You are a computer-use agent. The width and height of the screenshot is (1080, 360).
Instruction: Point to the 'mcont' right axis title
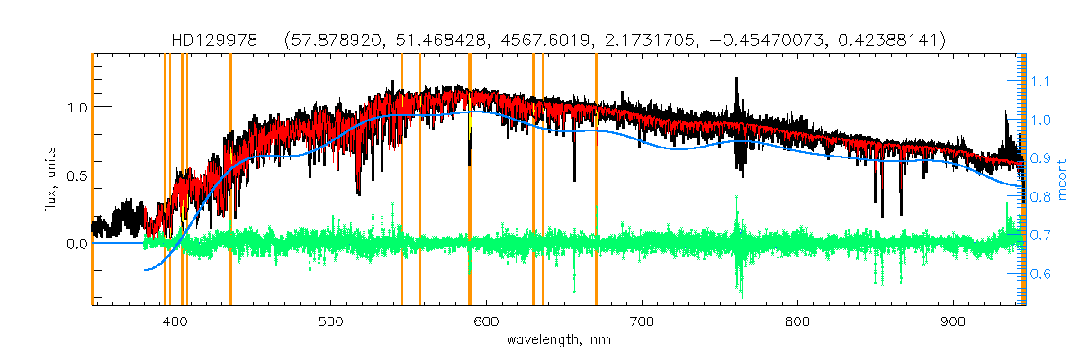pos(1064,180)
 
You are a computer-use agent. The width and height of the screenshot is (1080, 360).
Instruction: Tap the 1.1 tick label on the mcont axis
pos(1040,81)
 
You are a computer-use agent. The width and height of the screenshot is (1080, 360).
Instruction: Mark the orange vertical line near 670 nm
pos(596,180)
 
